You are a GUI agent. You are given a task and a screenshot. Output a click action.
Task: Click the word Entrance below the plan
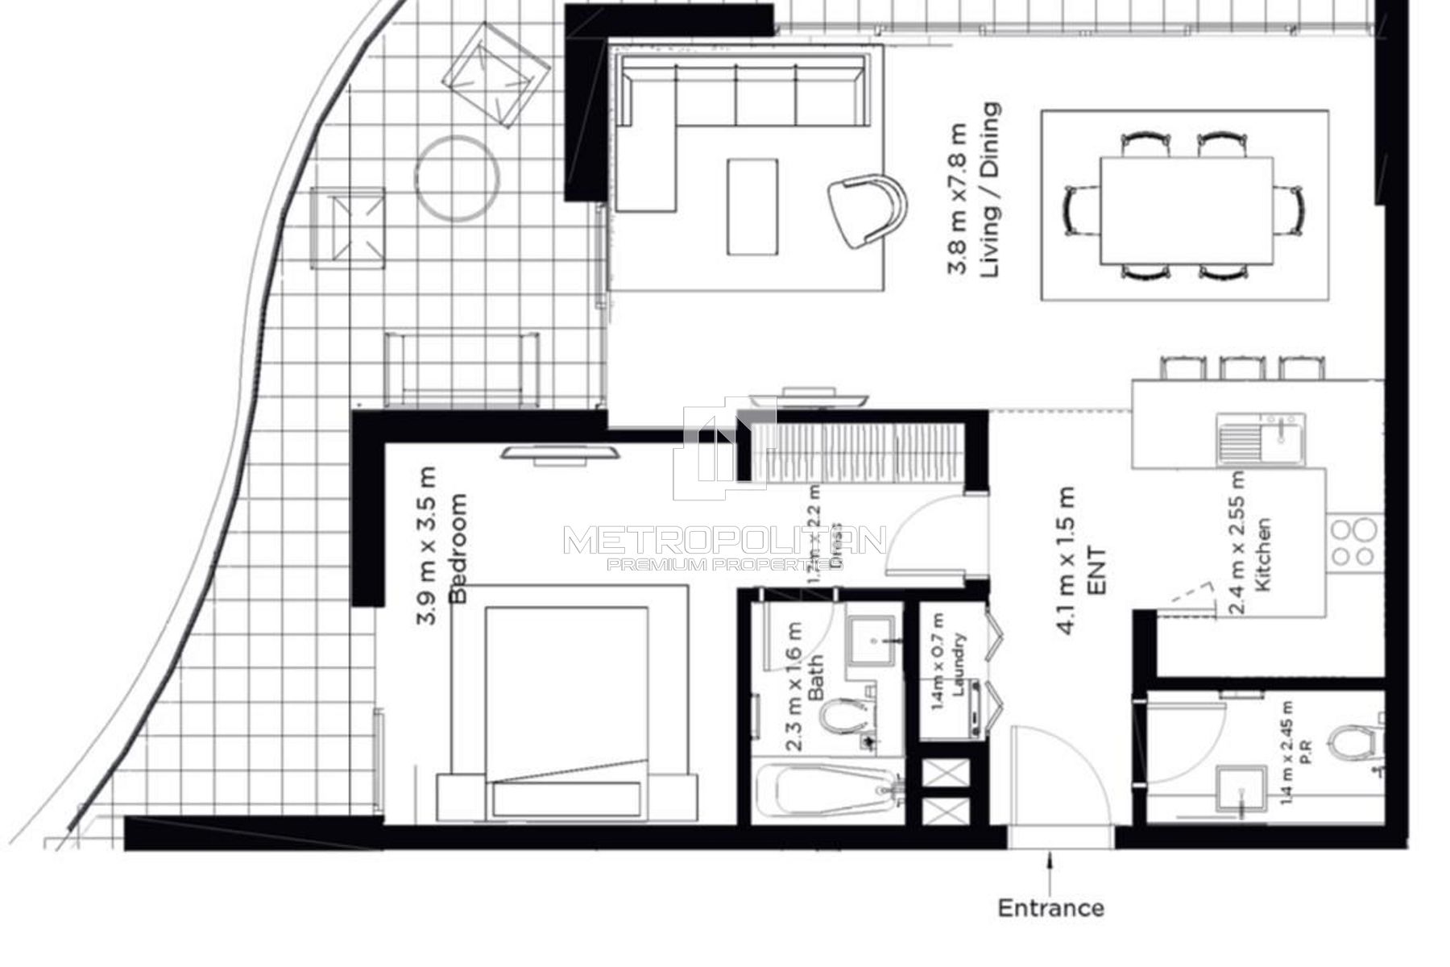tap(1050, 908)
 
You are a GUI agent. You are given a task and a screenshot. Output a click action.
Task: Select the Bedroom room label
tap(458, 548)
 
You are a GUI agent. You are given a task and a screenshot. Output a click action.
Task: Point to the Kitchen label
tap(1263, 555)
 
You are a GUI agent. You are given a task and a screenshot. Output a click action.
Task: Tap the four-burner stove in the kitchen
tap(1353, 542)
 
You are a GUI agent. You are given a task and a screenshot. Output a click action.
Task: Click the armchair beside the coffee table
tap(866, 209)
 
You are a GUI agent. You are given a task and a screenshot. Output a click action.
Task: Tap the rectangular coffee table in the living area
tap(752, 206)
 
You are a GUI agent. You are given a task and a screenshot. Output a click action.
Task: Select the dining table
tap(1186, 210)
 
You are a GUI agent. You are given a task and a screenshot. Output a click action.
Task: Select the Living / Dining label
tap(991, 190)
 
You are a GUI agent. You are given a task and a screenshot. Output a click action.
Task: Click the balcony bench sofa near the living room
tap(462, 368)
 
